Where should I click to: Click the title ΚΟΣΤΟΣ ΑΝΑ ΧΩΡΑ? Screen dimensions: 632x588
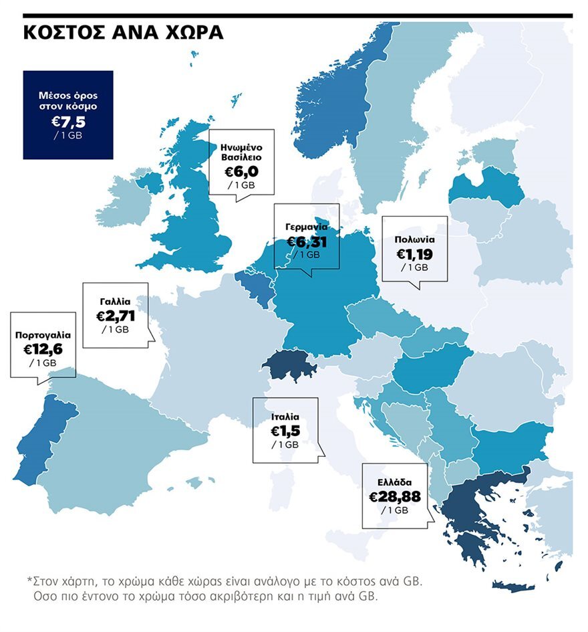pyautogui.click(x=124, y=33)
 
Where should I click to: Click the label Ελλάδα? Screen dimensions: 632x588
pyautogui.click(x=394, y=482)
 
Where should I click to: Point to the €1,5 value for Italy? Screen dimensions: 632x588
pyautogui.click(x=285, y=431)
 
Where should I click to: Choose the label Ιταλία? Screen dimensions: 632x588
pyautogui.click(x=285, y=416)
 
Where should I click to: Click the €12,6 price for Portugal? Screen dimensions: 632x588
pyautogui.click(x=43, y=349)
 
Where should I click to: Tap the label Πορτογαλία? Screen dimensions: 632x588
pyautogui.click(x=43, y=334)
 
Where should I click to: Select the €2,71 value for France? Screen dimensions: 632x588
pyautogui.click(x=116, y=316)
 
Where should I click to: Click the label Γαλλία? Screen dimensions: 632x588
pyautogui.click(x=116, y=301)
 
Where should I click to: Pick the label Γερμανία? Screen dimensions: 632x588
pyautogui.click(x=307, y=227)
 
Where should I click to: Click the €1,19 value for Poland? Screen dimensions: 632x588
pyautogui.click(x=415, y=254)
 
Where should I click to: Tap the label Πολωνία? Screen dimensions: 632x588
pyautogui.click(x=415, y=239)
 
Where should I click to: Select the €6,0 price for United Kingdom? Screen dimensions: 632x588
pyautogui.click(x=241, y=171)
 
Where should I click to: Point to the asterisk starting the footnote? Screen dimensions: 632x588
pyautogui.click(x=29, y=579)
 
